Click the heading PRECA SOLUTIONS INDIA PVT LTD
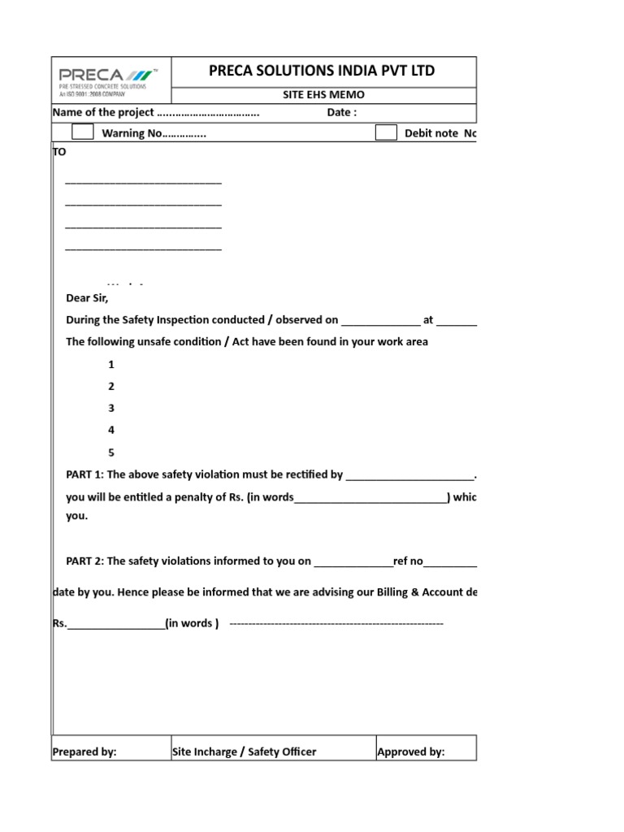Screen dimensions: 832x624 click(x=322, y=71)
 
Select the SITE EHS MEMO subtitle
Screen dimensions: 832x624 click(x=323, y=95)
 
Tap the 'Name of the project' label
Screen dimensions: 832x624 click(x=103, y=113)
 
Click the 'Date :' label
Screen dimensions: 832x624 click(x=341, y=113)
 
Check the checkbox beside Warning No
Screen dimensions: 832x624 click(x=82, y=132)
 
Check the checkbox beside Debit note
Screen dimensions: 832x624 click(x=386, y=132)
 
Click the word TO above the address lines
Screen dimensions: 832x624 click(x=59, y=152)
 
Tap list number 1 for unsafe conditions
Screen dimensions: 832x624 click(x=111, y=365)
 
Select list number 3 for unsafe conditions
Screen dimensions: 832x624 click(x=111, y=409)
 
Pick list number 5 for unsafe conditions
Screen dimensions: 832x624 click(x=111, y=453)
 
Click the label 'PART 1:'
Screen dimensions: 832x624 click(x=84, y=474)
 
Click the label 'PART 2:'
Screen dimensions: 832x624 click(x=84, y=561)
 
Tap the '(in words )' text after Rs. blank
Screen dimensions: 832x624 click(x=192, y=623)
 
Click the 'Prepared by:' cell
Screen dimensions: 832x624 click(x=84, y=752)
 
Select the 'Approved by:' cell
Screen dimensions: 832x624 click(x=410, y=752)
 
